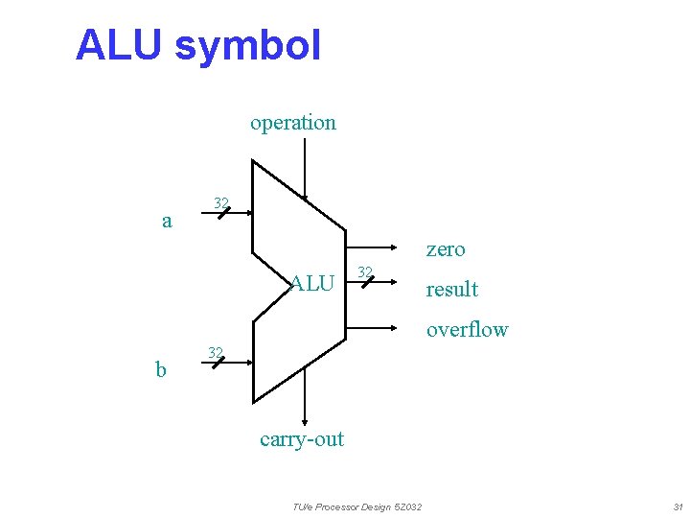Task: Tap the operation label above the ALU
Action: point(293,123)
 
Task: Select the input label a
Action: point(167,222)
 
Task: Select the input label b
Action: point(162,369)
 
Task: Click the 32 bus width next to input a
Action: point(221,202)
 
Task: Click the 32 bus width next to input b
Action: point(217,351)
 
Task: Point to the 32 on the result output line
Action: point(364,272)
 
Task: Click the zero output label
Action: point(446,249)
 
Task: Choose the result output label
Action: point(452,290)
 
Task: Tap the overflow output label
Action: point(467,330)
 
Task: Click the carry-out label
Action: point(302,439)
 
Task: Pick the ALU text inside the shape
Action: point(312,283)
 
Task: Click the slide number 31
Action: point(678,506)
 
